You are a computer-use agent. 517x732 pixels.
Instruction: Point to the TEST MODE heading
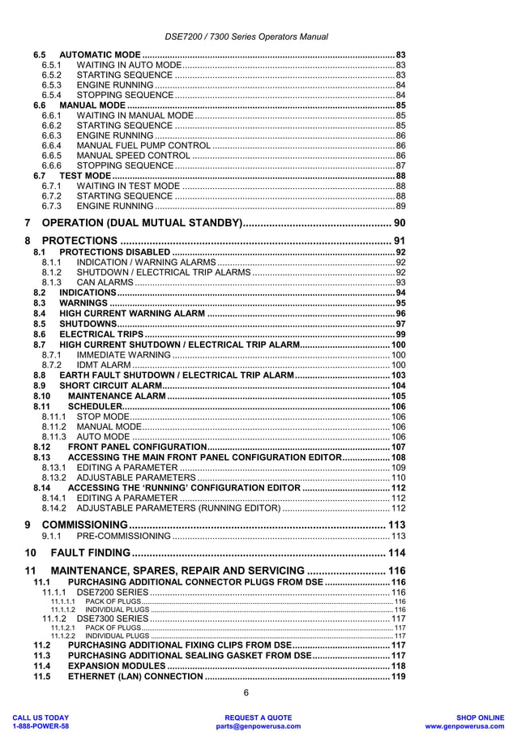86,176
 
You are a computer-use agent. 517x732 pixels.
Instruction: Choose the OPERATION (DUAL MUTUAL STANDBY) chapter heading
142,223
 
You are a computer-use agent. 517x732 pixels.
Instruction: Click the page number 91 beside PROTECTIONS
399,241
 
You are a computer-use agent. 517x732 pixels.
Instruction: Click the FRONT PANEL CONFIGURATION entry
137,447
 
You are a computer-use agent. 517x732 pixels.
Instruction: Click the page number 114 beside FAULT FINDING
396,553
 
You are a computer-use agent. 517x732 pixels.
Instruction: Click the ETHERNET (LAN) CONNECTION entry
135,676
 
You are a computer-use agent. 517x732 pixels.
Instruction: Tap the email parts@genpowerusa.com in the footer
258,726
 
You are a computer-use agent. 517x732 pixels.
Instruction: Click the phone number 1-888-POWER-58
40,726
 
